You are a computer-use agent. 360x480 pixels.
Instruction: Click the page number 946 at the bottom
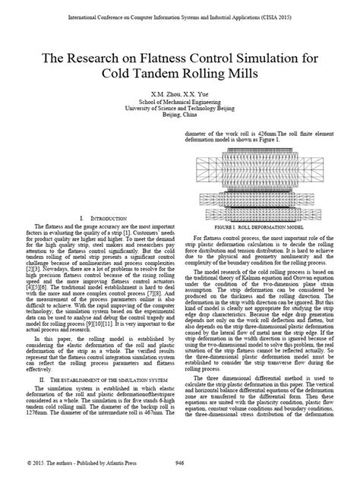coord(180,462)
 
